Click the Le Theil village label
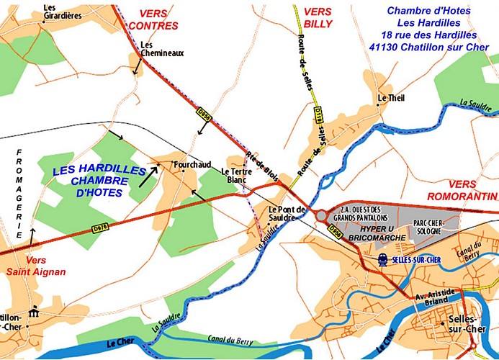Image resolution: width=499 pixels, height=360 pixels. (392, 98)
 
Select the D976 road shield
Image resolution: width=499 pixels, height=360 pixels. (102, 228)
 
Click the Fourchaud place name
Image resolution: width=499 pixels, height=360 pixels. (192, 166)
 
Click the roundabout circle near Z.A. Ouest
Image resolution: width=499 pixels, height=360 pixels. (320, 215)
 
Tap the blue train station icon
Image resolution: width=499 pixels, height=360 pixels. (382, 259)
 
